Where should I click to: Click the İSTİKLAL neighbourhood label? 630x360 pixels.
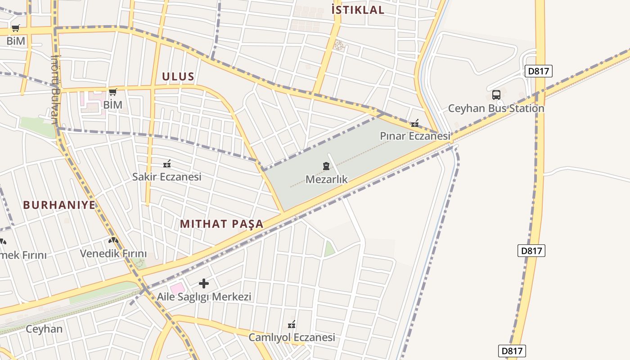pos(358,10)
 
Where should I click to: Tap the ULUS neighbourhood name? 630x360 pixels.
pos(178,76)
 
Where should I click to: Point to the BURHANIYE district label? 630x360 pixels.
pos(59,205)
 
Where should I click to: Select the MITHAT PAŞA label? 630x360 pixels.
pos(221,224)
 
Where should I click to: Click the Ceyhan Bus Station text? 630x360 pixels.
pos(496,108)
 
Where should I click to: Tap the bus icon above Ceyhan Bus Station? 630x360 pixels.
pos(496,95)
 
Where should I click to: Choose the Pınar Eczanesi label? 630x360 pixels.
pos(415,136)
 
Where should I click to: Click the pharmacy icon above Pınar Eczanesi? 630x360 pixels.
pos(414,123)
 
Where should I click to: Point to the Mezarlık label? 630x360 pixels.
pos(327,180)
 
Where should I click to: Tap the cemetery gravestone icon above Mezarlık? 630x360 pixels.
pos(326,166)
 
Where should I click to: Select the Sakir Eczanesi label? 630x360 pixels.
pos(166,177)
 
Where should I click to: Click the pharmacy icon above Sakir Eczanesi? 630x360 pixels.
pos(167,164)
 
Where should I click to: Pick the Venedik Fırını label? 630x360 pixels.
pos(113,254)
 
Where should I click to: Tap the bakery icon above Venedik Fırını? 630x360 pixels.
pos(113,241)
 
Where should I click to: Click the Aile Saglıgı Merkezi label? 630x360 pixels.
pos(204,297)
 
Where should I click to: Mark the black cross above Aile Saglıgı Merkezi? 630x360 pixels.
pos(204,283)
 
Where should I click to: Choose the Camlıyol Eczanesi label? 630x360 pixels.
pos(292,337)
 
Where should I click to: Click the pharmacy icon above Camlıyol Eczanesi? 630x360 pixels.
pos(292,324)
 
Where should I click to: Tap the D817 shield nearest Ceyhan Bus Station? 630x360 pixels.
pos(538,71)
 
